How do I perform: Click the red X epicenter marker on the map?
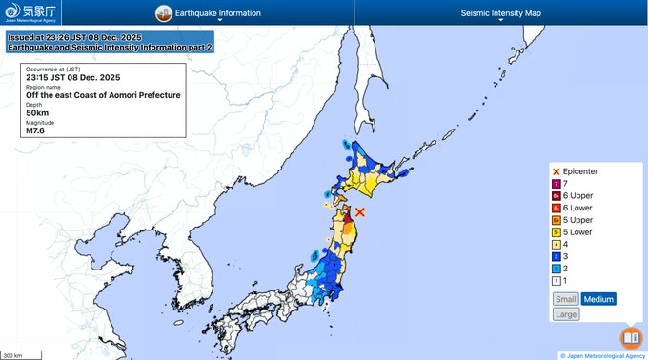pyautogui.click(x=360, y=212)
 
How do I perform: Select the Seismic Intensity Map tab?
pyautogui.click(x=500, y=14)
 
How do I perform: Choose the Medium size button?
pyautogui.click(x=598, y=299)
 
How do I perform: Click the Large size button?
pyautogui.click(x=565, y=314)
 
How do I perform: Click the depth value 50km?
pyautogui.click(x=36, y=112)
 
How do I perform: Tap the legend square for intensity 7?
pyautogui.click(x=557, y=183)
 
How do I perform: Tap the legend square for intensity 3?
pyautogui.click(x=557, y=256)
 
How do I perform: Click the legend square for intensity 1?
pyautogui.click(x=557, y=281)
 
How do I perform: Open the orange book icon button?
pyautogui.click(x=630, y=338)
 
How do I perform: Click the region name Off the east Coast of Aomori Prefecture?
pyautogui.click(x=103, y=95)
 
